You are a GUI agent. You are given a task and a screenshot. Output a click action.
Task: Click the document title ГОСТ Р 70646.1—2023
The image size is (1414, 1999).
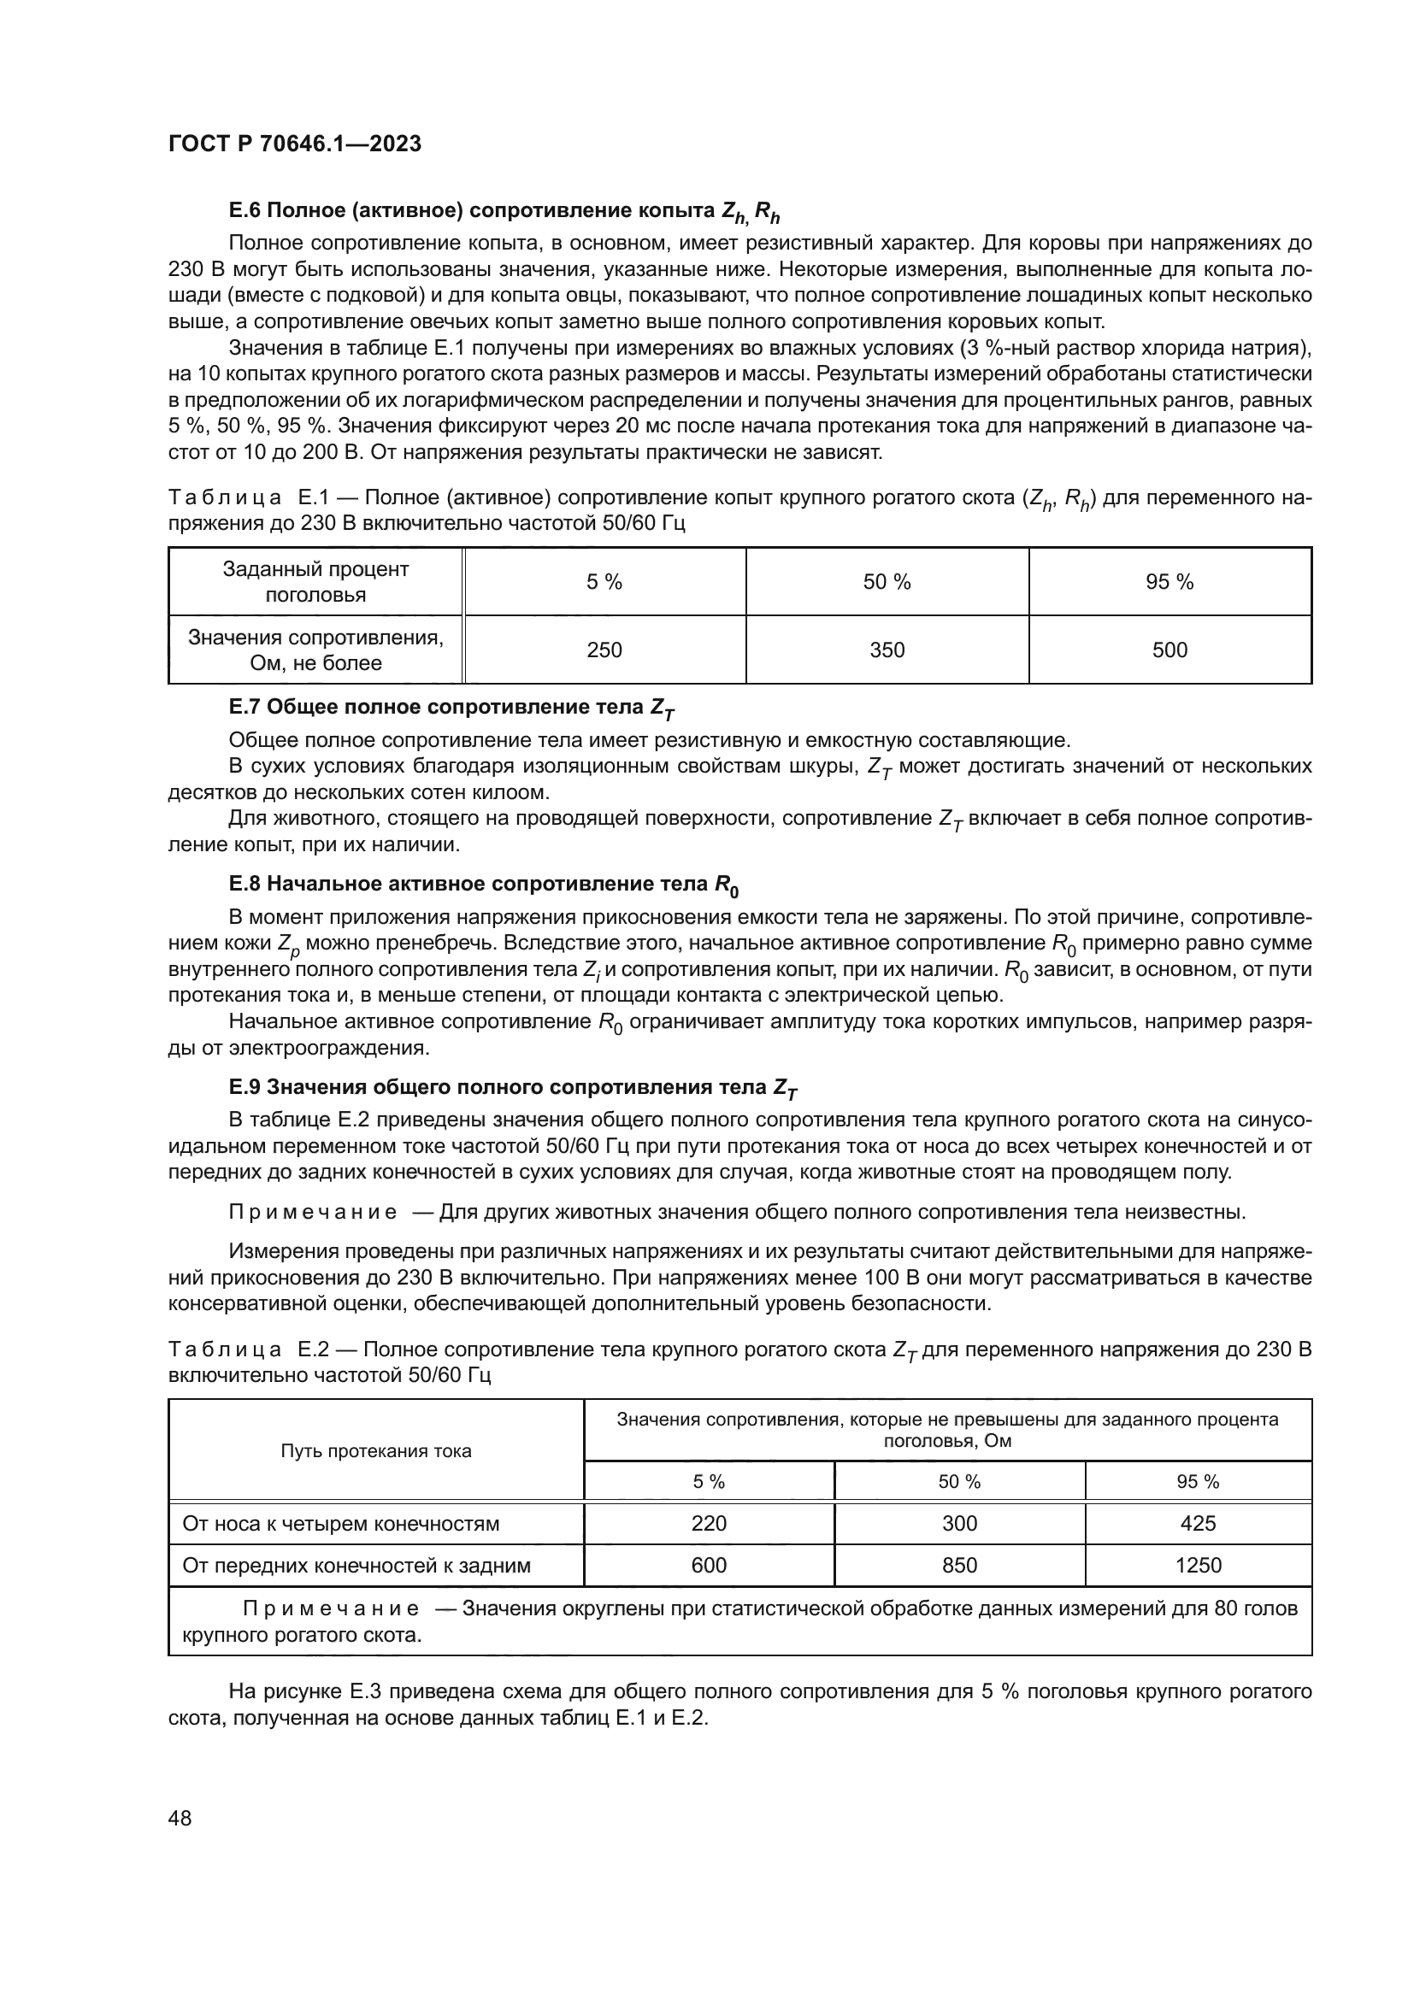point(294,144)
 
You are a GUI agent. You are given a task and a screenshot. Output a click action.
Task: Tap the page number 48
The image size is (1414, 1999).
point(180,1818)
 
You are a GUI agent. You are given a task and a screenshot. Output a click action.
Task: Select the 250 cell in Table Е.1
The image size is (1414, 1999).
point(604,650)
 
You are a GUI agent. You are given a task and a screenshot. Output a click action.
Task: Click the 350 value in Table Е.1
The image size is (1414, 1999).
point(887,650)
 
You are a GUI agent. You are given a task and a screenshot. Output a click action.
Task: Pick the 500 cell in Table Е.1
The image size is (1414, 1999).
point(1169,650)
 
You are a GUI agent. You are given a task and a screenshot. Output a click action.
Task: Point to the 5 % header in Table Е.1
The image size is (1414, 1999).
point(604,583)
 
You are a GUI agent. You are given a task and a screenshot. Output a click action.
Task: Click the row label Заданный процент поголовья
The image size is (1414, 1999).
point(315,583)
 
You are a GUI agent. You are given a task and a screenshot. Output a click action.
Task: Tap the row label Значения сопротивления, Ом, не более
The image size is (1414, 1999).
point(315,650)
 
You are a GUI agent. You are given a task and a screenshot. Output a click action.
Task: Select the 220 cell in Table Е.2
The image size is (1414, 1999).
point(709,1524)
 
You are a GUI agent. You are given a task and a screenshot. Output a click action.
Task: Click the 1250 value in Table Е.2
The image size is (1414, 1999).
point(1198,1566)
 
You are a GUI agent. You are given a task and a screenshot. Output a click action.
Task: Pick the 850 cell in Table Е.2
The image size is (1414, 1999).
point(959,1566)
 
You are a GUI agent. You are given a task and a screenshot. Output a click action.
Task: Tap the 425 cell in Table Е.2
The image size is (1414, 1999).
point(1198,1524)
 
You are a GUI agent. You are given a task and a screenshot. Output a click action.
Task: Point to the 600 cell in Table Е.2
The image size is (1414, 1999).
point(709,1566)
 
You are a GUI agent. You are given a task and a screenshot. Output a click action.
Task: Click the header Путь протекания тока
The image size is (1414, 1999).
point(376,1450)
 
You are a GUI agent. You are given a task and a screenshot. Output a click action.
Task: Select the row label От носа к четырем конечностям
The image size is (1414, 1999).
point(341,1524)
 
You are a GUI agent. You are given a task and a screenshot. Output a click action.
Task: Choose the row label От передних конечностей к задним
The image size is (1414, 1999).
point(356,1566)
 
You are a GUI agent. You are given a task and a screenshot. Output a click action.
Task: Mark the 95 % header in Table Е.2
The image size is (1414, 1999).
point(1198,1482)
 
